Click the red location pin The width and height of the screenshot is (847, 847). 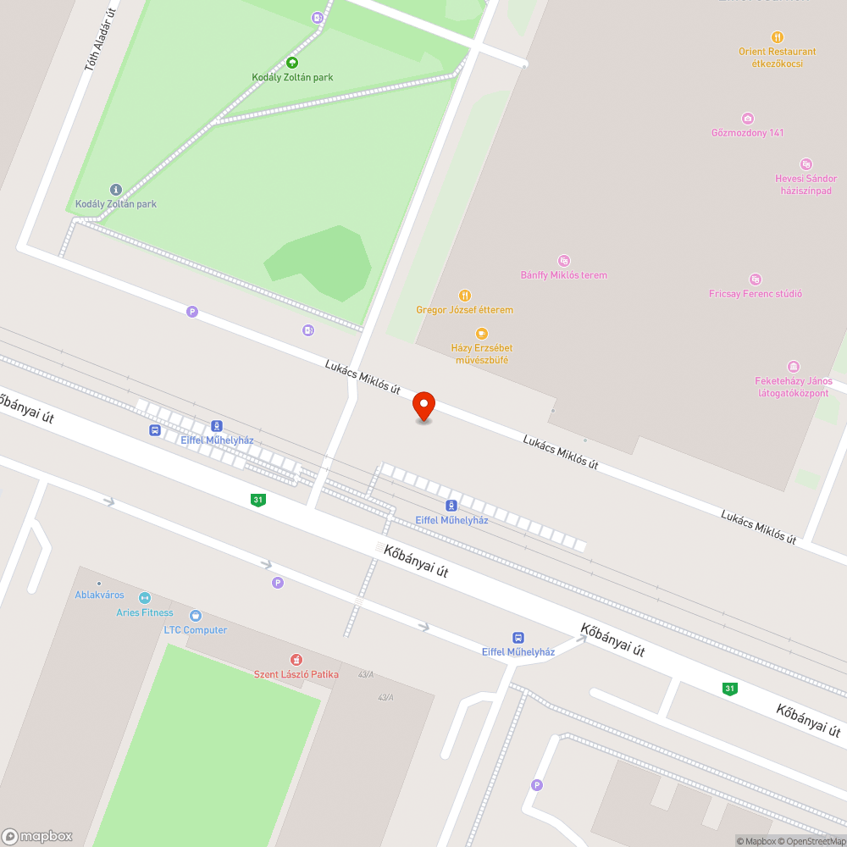tap(423, 406)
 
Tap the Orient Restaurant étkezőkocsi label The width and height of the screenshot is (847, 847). tap(777, 58)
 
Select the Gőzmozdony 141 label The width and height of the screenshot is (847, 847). tap(747, 133)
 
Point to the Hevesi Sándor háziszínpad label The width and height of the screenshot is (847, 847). tap(805, 185)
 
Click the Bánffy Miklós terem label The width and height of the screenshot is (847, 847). tap(563, 275)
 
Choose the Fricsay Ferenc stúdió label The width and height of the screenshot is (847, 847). tap(755, 294)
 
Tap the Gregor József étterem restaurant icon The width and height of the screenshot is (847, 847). tap(465, 296)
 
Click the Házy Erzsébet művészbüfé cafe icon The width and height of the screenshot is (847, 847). tap(482, 334)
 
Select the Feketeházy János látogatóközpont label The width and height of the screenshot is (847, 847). tap(793, 386)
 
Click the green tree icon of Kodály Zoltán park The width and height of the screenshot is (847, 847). tap(292, 62)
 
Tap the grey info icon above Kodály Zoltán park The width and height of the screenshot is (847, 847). tap(116, 189)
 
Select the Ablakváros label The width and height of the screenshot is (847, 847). tap(99, 595)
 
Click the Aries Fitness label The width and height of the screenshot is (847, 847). tap(144, 612)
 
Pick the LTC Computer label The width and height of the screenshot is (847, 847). tap(195, 630)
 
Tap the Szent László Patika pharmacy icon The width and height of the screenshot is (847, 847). tap(296, 659)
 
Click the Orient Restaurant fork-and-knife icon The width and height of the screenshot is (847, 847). tap(777, 37)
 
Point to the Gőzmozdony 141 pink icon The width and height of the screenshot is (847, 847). tap(747, 119)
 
